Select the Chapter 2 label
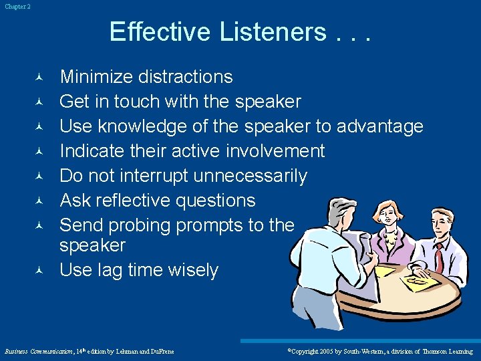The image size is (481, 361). tap(17, 7)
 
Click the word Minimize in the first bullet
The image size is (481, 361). tap(97, 77)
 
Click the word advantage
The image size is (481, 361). tap(380, 126)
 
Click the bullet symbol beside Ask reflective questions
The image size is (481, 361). tap(39, 201)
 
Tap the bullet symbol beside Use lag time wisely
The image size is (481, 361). tap(39, 271)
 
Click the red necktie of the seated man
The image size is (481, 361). tap(439, 257)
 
